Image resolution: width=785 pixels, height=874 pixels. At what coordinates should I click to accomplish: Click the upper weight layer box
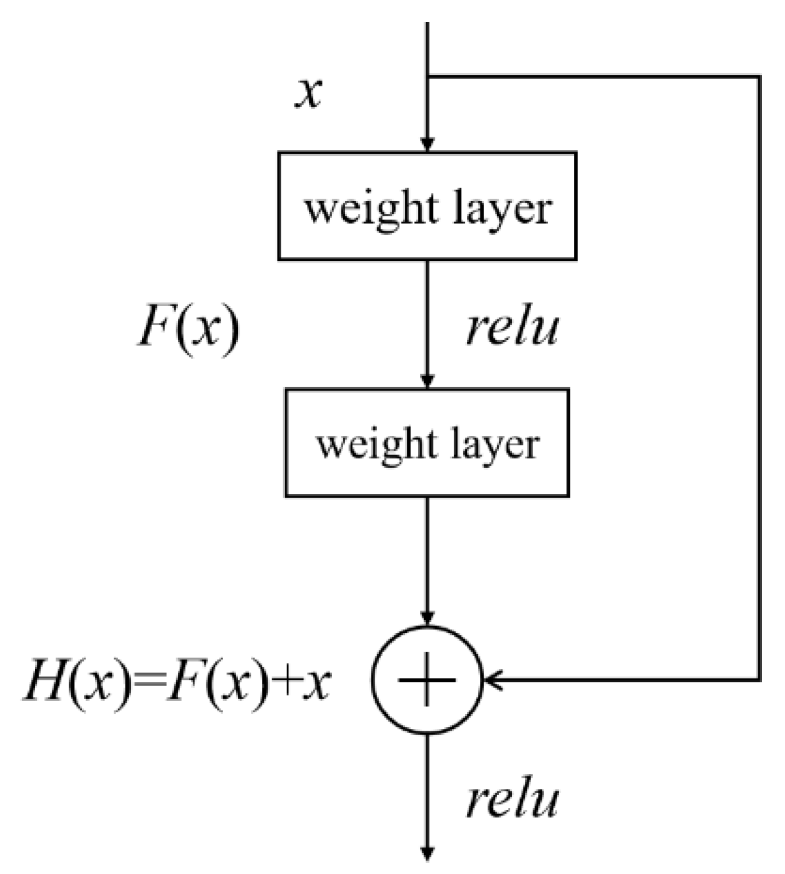click(427, 206)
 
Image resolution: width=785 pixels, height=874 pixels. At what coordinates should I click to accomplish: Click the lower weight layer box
click(427, 442)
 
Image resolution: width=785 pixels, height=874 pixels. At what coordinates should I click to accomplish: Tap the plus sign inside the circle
click(426, 679)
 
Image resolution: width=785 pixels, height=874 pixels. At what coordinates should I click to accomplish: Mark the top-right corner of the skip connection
click(759, 77)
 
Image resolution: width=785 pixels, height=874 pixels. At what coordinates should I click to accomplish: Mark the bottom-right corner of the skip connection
click(759, 678)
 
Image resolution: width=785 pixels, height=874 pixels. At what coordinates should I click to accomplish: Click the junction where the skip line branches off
click(428, 77)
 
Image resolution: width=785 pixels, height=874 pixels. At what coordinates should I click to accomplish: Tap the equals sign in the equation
click(147, 682)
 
